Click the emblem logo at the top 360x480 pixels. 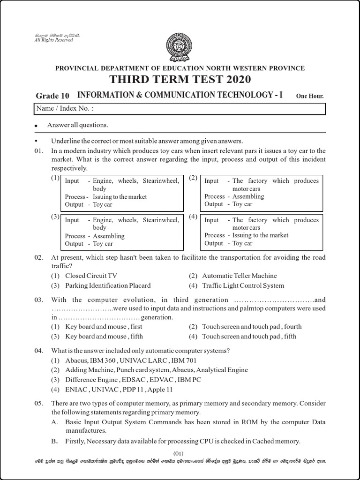point(180,47)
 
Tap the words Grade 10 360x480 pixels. point(52,96)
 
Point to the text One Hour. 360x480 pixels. point(310,97)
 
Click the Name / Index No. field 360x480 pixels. point(180,109)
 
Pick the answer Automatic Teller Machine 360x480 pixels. point(239,276)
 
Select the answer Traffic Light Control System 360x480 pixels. point(243,285)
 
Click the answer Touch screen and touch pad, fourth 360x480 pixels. point(252,326)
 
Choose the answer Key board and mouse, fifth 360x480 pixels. point(104,336)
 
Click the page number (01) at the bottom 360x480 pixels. point(180,453)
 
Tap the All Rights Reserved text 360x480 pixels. point(54,40)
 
